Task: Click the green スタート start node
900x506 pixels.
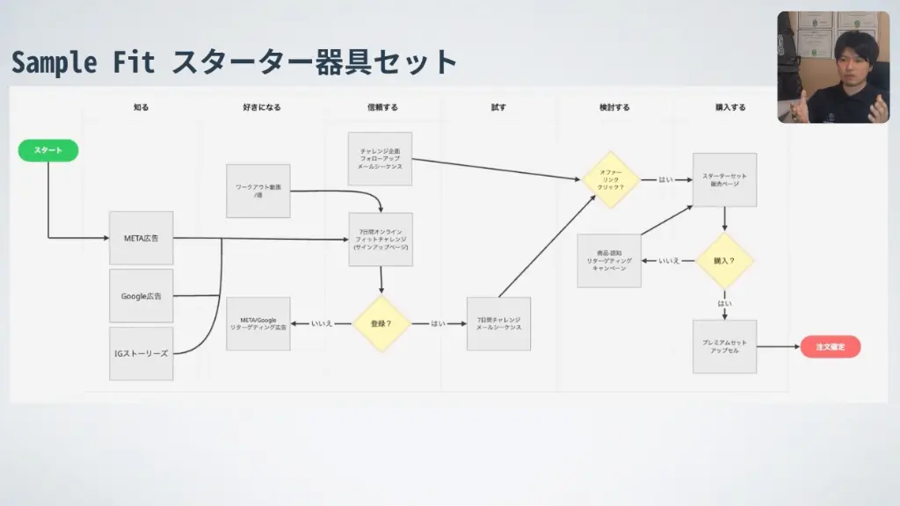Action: pos(48,150)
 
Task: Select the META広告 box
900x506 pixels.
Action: pos(142,238)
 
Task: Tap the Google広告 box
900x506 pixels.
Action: pos(142,296)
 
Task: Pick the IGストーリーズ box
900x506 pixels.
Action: pos(142,353)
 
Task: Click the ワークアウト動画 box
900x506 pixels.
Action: pos(258,191)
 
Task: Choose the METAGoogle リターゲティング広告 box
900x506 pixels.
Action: pos(258,323)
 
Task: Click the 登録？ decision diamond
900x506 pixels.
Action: pos(381,323)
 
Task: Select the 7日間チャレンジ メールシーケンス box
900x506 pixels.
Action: pos(498,323)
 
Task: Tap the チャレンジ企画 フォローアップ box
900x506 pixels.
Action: pos(381,158)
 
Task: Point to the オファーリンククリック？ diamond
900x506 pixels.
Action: pos(611,179)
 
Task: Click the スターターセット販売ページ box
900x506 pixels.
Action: pos(724,179)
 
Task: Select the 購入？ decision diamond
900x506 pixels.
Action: pos(724,261)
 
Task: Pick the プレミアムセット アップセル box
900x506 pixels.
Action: pos(724,346)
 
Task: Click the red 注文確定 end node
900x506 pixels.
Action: pos(830,346)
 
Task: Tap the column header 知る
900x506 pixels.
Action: pos(141,107)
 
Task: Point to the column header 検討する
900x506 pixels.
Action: pos(614,107)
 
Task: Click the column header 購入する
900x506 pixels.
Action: pos(730,107)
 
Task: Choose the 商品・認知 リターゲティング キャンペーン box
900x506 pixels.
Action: pos(609,261)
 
